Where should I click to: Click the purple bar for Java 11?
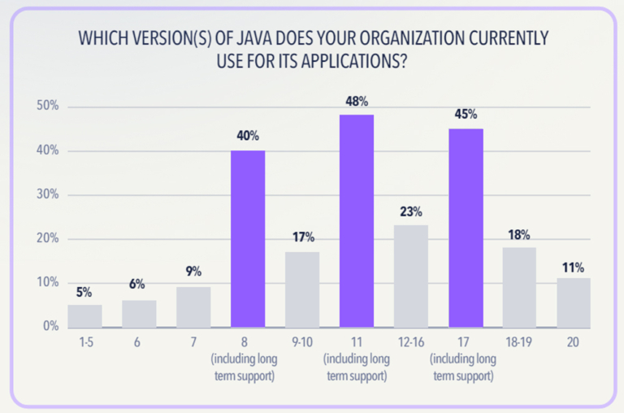point(357,221)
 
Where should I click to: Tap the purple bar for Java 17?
point(466,228)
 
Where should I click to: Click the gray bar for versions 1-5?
point(84,316)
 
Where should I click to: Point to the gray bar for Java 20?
point(574,302)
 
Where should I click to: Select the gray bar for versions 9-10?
point(302,289)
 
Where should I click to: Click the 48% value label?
point(357,102)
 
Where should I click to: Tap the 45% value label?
point(466,115)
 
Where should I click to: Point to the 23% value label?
point(411,212)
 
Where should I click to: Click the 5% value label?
point(84,292)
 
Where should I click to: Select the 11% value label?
point(574,266)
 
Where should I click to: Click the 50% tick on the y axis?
point(46,107)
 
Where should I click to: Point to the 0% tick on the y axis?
point(50,327)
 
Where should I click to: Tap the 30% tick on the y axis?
point(46,195)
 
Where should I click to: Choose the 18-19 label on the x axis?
point(520,343)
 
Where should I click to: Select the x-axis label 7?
point(193,343)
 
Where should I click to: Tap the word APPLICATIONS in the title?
point(347,61)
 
